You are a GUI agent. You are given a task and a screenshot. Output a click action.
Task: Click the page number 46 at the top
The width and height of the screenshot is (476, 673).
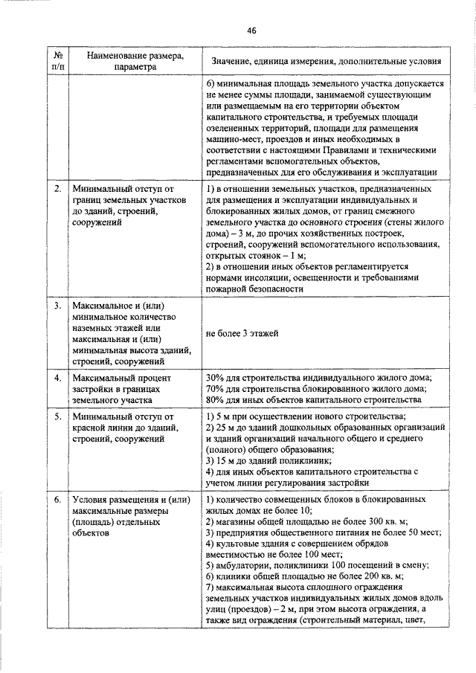(x=251, y=30)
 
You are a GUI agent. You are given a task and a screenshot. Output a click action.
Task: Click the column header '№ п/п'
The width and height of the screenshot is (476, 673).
(x=59, y=61)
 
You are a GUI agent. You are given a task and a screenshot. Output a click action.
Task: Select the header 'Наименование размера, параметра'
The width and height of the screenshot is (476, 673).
(x=135, y=61)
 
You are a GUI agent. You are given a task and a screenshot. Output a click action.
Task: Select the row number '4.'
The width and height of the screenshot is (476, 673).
(x=58, y=378)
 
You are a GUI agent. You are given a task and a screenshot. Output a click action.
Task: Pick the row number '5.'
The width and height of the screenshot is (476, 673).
(x=58, y=417)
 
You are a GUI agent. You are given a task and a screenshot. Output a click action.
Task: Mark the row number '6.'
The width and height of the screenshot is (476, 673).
(x=58, y=500)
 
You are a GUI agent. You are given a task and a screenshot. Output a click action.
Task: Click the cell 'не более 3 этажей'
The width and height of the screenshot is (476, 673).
(x=242, y=333)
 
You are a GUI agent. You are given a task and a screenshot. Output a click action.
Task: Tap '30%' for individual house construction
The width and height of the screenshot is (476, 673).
(x=216, y=378)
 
